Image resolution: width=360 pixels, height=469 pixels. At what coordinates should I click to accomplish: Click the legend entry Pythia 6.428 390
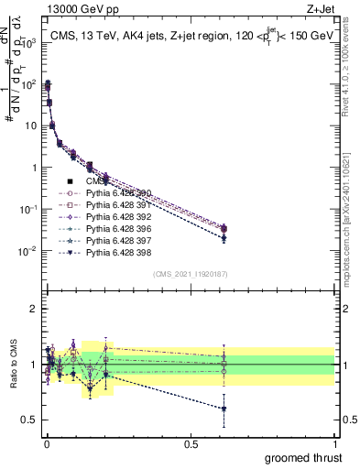point(116,193)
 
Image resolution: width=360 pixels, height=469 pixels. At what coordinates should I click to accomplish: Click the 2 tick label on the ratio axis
point(34,309)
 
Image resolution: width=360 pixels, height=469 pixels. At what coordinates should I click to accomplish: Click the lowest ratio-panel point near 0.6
point(224,409)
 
